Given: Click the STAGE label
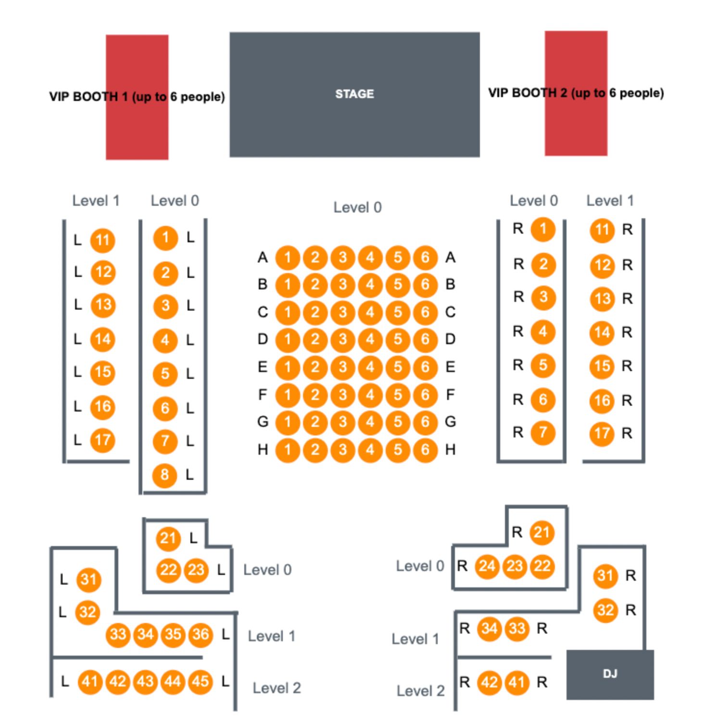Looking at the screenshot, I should pos(354,94).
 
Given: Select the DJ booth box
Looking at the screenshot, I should pos(610,674).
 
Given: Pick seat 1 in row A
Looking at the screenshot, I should pos(288,258).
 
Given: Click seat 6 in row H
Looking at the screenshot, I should pos(425,449).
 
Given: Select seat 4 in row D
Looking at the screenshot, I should pos(370,339).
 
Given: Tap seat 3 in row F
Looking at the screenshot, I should pos(342,395).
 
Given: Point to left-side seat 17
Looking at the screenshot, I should pos(102,440).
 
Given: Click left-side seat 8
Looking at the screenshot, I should pos(164,475).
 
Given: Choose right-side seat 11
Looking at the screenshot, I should pos(602,230).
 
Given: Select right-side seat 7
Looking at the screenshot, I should pos(543,433).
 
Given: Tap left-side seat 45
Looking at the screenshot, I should pos(201,681).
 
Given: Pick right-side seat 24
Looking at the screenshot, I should pos(487,566).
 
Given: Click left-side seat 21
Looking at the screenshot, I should pos(168,538).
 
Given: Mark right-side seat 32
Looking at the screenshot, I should pos(605,610).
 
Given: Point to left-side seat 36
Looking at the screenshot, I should pos(201,635).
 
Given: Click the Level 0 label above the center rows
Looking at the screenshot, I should pos(357,208).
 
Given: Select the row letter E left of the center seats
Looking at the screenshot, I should pos(263,367).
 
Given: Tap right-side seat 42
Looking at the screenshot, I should pos(490,682).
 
